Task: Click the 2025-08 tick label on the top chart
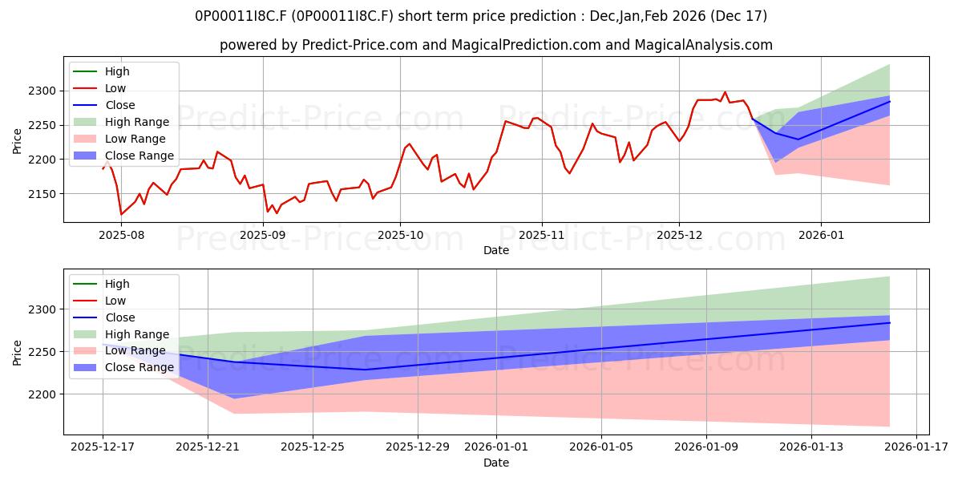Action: (x=121, y=235)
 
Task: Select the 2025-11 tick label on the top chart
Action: (x=541, y=235)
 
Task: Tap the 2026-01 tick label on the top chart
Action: (x=820, y=235)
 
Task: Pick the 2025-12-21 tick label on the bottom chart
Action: (x=208, y=447)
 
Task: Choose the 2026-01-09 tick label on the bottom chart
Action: (x=706, y=447)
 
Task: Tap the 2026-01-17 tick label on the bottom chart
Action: (x=914, y=447)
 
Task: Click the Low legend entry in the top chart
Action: (x=115, y=88)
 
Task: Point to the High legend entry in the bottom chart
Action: (x=117, y=284)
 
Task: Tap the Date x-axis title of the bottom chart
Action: (x=496, y=463)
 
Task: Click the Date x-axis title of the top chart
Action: (x=496, y=250)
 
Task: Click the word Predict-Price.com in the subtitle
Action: (x=360, y=45)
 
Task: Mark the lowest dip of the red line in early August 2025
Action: (x=121, y=215)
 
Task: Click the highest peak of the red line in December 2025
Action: (x=725, y=92)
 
